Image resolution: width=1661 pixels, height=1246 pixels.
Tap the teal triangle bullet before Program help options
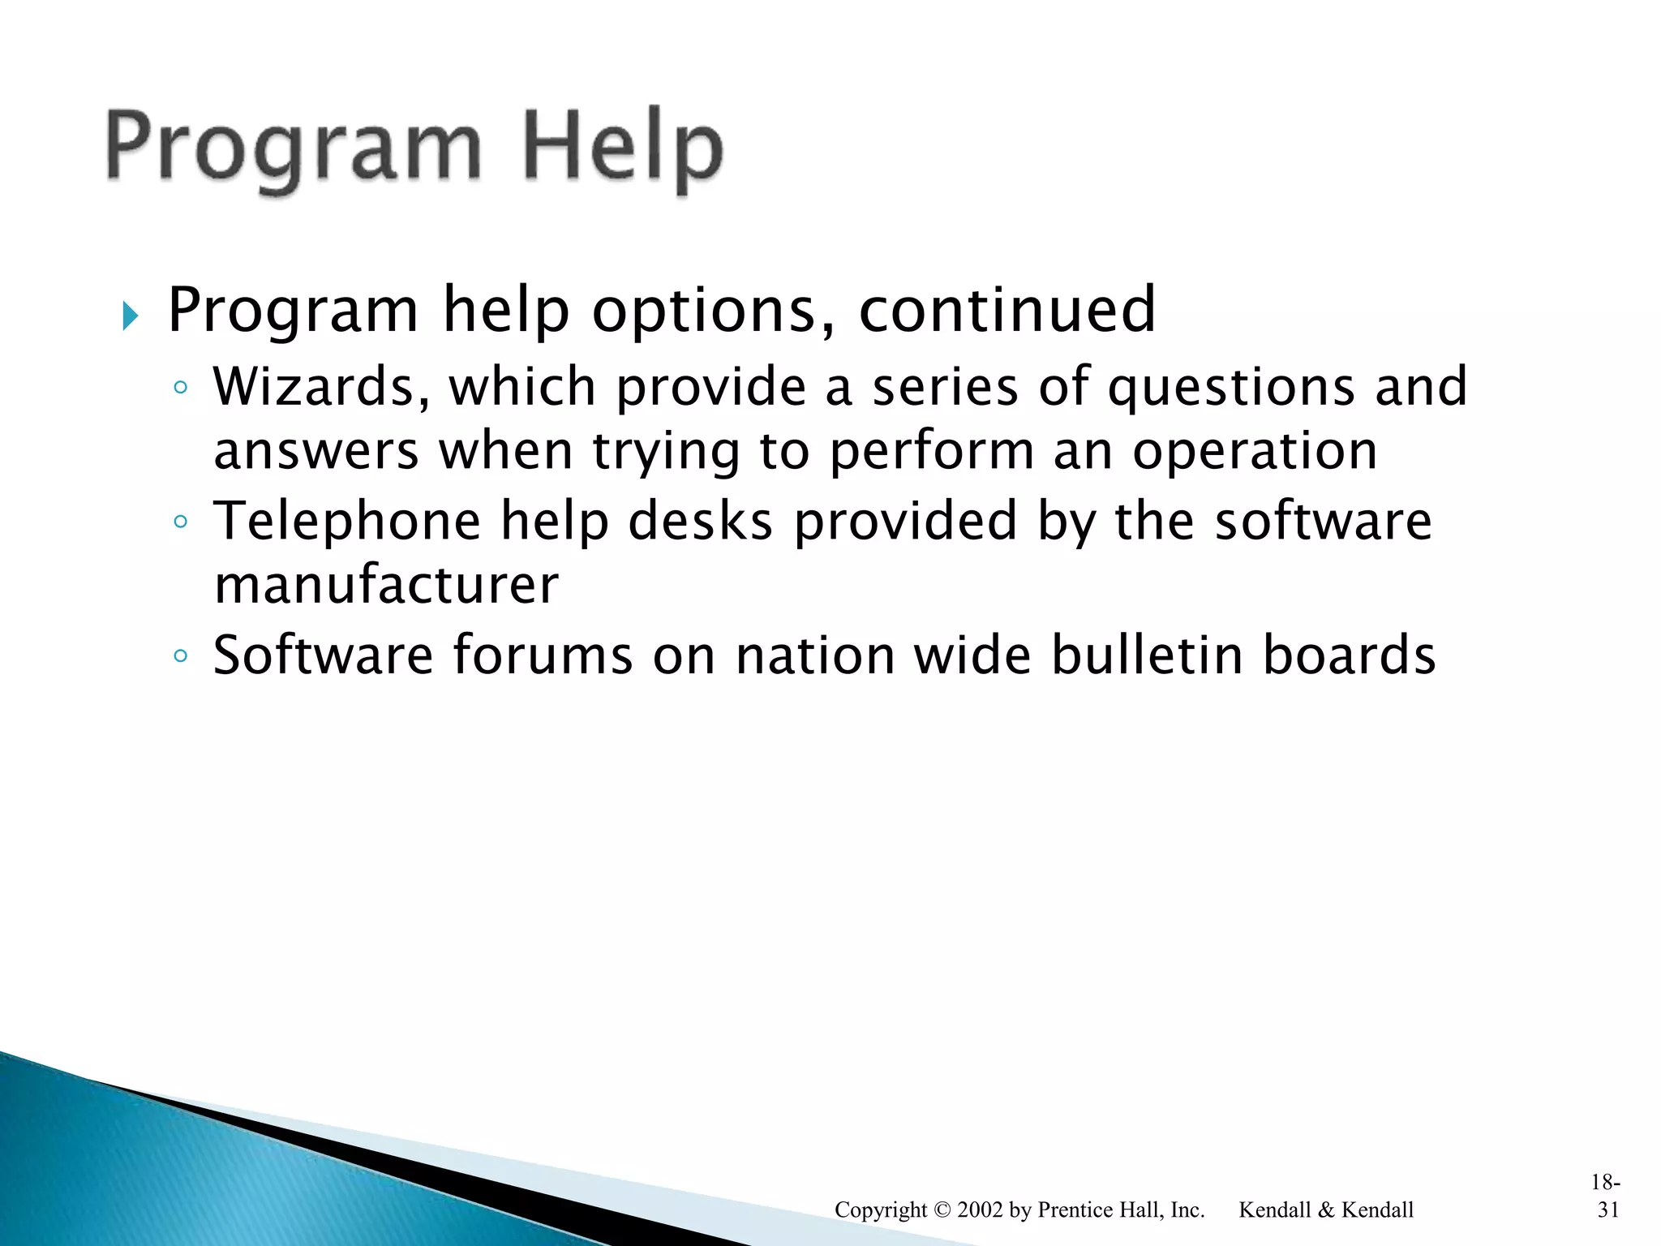pyautogui.click(x=131, y=316)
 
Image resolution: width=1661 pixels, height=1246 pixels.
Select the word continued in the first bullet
pyautogui.click(x=1006, y=310)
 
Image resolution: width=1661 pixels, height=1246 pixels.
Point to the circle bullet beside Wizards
pyautogui.click(x=181, y=388)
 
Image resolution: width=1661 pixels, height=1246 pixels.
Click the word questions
pyautogui.click(x=1230, y=388)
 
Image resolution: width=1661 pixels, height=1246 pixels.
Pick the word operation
pyautogui.click(x=1255, y=451)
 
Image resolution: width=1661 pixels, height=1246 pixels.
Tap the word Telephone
pyautogui.click(x=347, y=521)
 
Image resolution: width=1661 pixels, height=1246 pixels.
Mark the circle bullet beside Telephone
pyautogui.click(x=181, y=522)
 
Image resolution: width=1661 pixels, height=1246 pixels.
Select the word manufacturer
pyautogui.click(x=386, y=585)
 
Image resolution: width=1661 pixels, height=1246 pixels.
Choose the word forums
pyautogui.click(x=542, y=655)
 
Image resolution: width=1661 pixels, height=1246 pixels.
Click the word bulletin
pyautogui.click(x=1147, y=655)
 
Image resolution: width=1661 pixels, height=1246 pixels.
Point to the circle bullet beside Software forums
pyautogui.click(x=181, y=655)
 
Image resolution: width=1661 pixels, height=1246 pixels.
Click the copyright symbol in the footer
pyautogui.click(x=942, y=1210)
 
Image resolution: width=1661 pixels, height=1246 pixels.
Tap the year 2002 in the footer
pyautogui.click(x=980, y=1210)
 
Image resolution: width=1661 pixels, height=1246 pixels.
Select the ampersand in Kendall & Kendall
pyautogui.click(x=1326, y=1210)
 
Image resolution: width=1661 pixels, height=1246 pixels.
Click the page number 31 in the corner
pyautogui.click(x=1608, y=1209)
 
